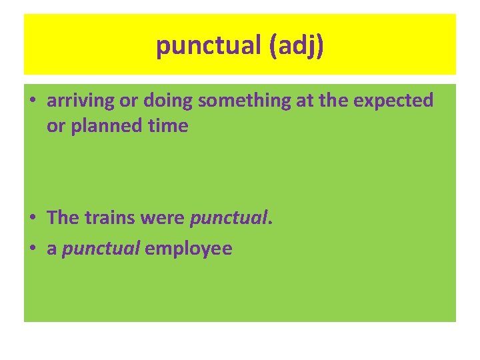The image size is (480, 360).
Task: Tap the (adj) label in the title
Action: click(296, 46)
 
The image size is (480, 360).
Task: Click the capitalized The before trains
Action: click(63, 217)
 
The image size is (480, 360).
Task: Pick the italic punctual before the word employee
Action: click(101, 249)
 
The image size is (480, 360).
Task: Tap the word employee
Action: click(189, 249)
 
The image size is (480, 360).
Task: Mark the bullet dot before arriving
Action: click(32, 101)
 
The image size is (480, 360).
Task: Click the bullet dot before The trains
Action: click(32, 218)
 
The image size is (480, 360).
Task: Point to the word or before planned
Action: click(55, 125)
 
